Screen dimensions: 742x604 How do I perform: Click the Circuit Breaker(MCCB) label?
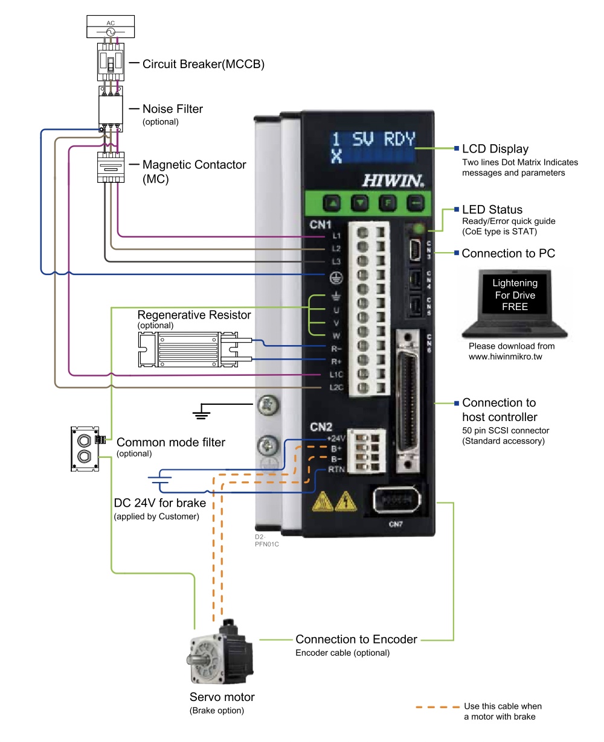point(203,64)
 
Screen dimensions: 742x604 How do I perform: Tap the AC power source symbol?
point(111,31)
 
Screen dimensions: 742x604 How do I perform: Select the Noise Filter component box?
point(111,108)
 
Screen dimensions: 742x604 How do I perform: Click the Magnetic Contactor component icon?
point(111,167)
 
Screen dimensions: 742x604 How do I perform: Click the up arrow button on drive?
point(333,203)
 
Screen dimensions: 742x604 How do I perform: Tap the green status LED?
point(417,229)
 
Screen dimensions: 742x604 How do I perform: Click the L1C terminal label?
point(336,375)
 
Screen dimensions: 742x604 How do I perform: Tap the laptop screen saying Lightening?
point(515,295)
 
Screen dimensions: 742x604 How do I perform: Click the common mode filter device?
point(84,449)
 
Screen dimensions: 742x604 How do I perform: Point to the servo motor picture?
point(220,656)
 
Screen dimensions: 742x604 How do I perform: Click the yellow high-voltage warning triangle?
point(345,501)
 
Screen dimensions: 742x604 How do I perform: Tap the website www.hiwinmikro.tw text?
point(506,357)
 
